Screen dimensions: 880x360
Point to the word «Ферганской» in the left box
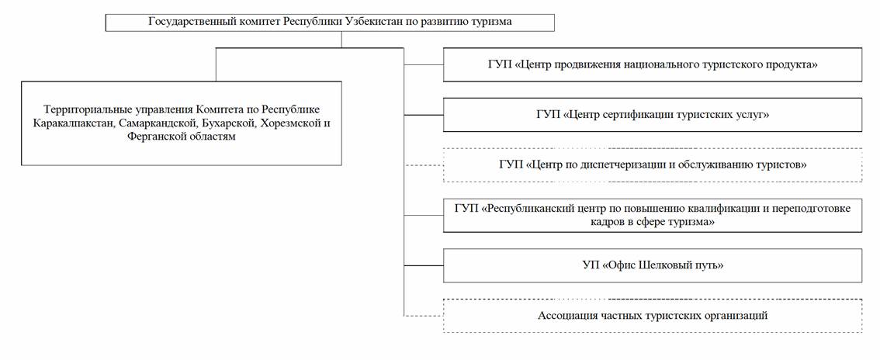click(x=155, y=137)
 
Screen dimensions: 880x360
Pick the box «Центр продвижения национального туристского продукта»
click(x=653, y=65)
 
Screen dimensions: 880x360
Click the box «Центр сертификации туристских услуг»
click(x=653, y=115)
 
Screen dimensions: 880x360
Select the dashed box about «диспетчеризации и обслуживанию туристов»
click(x=653, y=164)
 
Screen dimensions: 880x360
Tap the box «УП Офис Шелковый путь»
click(x=653, y=265)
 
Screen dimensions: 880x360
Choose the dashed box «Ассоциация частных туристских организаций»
click(x=653, y=316)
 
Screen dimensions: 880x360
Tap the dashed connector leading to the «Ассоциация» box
click(x=424, y=316)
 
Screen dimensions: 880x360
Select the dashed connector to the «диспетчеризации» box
click(x=424, y=164)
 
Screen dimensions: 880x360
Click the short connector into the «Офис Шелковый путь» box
click(x=424, y=265)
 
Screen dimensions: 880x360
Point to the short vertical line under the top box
click(x=341, y=40)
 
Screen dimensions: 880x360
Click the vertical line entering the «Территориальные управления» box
click(x=216, y=64)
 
